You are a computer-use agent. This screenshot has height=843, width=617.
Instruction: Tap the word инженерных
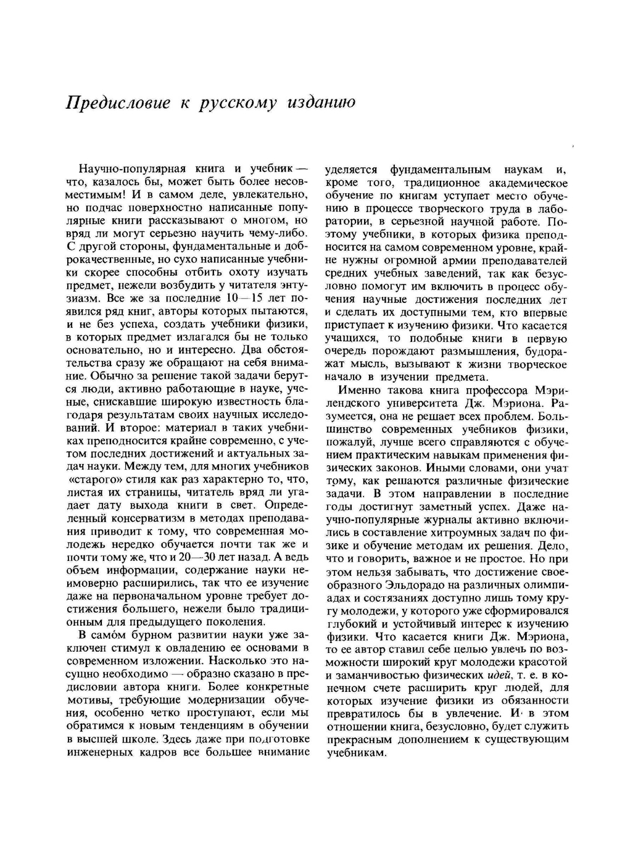coord(96,753)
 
